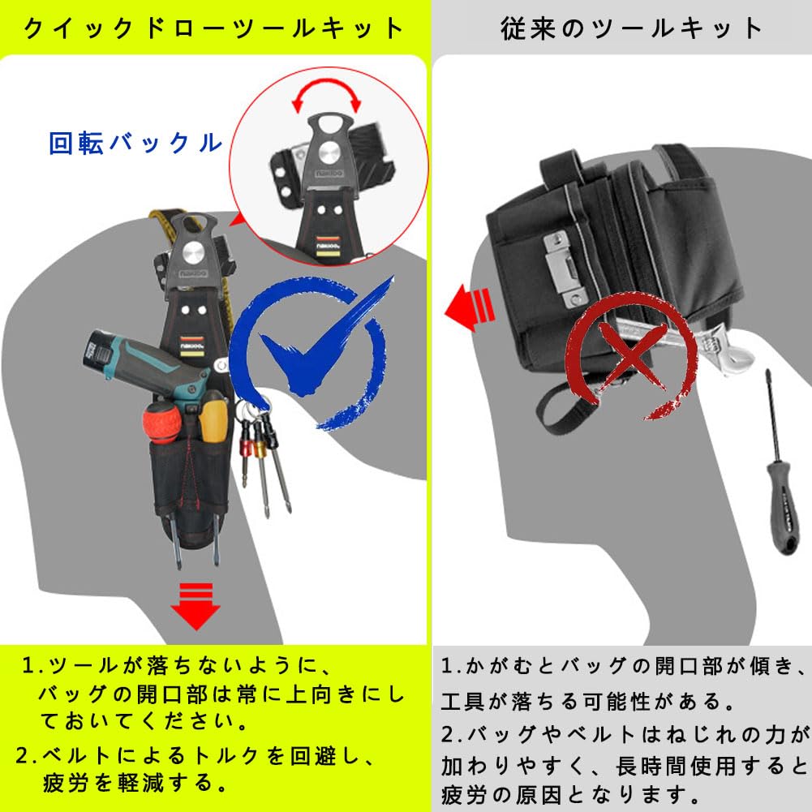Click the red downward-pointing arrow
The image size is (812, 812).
pos(194,606)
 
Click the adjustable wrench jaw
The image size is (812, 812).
pos(719,349)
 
